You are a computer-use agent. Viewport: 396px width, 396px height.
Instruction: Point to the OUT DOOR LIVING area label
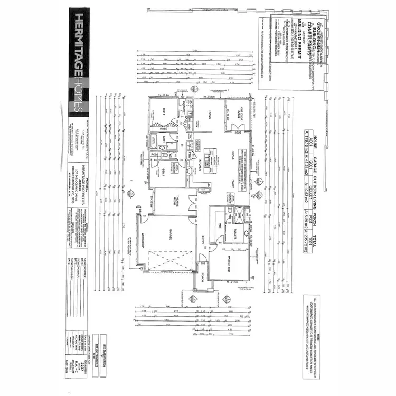(x=237, y=112)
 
